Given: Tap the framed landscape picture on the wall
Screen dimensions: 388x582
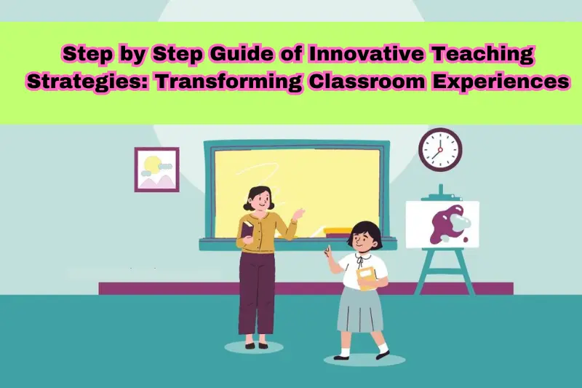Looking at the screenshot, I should click(x=156, y=170).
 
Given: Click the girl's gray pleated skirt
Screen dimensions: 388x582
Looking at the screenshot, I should click(x=359, y=309).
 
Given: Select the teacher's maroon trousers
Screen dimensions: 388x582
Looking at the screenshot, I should click(x=257, y=291).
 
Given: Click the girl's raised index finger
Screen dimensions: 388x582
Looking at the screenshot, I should click(x=327, y=250).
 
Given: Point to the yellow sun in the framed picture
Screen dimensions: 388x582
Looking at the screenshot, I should click(x=153, y=164).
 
